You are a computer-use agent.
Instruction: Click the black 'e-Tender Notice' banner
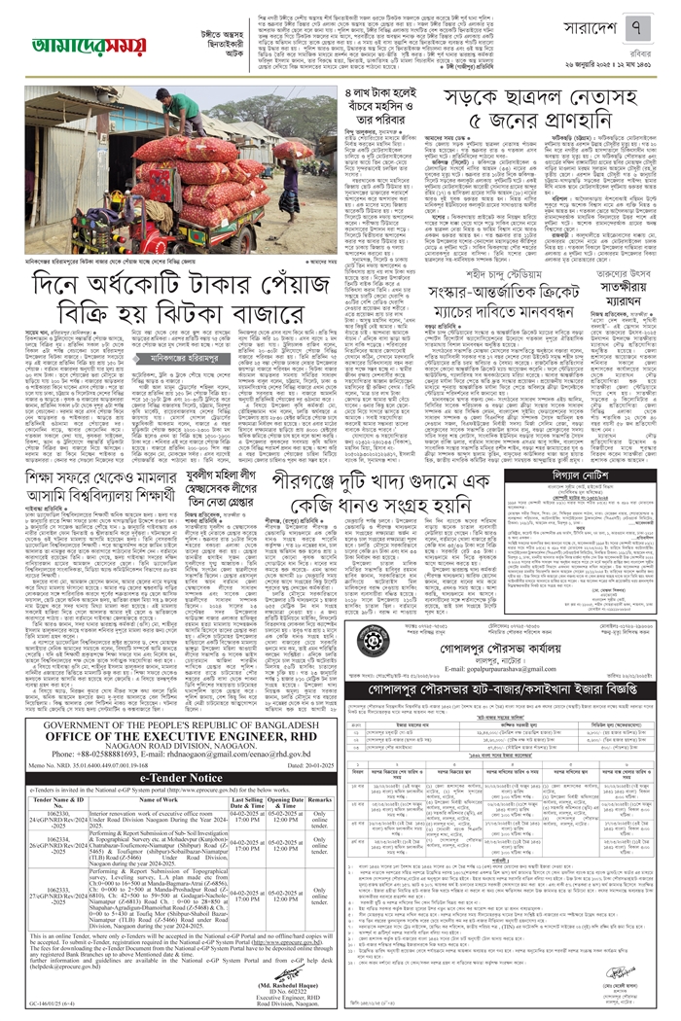click(170, 696)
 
